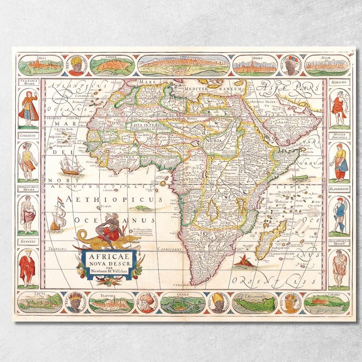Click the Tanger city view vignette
tap(112, 66)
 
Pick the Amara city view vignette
tap(255, 66)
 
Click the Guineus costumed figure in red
tap(27, 267)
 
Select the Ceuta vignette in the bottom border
tap(40, 302)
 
